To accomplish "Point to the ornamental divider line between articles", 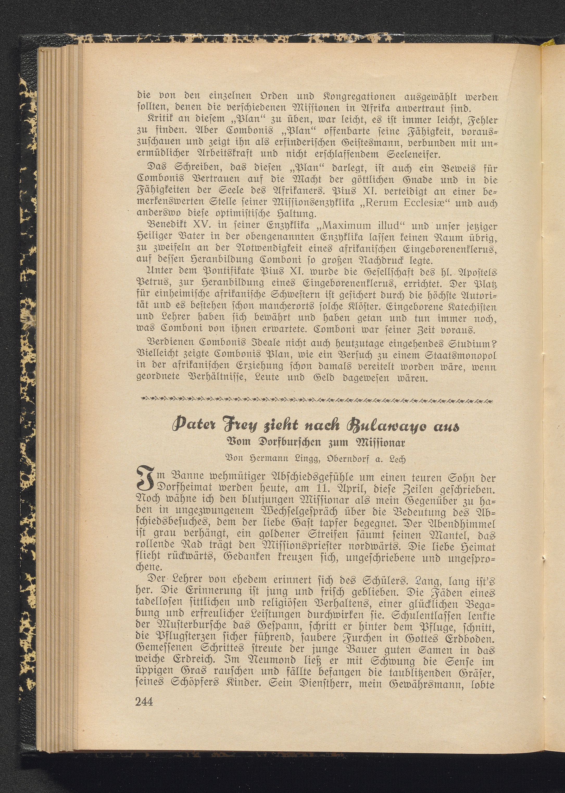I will tap(316, 401).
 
